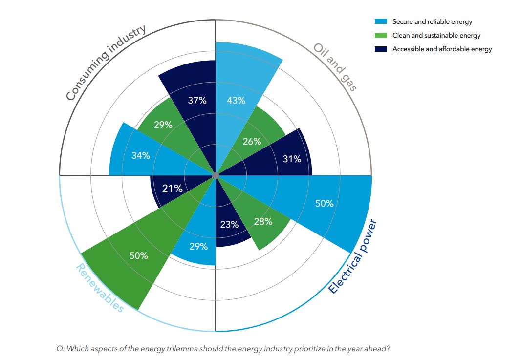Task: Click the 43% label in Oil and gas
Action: click(236, 101)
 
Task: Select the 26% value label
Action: click(252, 142)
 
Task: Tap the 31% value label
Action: click(292, 159)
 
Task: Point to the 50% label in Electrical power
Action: click(324, 203)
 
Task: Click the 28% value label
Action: click(263, 222)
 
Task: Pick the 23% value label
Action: click(229, 225)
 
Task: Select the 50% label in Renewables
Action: click(139, 255)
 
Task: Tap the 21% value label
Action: click(172, 188)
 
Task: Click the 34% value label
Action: click(140, 156)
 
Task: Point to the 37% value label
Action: click(197, 101)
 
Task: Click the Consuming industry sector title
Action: click(106, 63)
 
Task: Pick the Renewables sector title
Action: click(100, 288)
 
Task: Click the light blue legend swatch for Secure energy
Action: click(381, 21)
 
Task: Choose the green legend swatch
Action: click(381, 35)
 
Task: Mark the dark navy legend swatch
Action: click(381, 49)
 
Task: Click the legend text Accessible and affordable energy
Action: click(442, 49)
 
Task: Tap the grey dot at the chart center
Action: click(215, 175)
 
